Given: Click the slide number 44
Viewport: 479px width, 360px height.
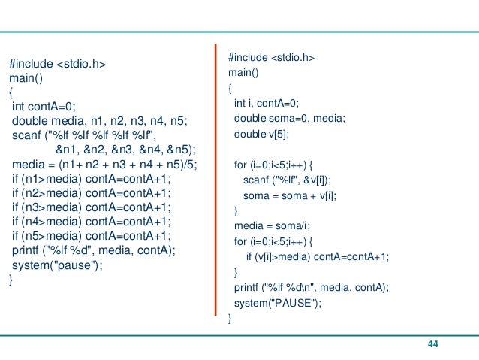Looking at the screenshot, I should click(x=432, y=344).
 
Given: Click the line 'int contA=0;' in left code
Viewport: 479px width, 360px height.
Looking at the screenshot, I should click(x=49, y=107).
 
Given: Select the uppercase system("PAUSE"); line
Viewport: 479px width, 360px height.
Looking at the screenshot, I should click(x=277, y=303).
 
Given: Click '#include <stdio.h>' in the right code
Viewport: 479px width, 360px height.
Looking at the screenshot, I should click(x=272, y=57).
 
